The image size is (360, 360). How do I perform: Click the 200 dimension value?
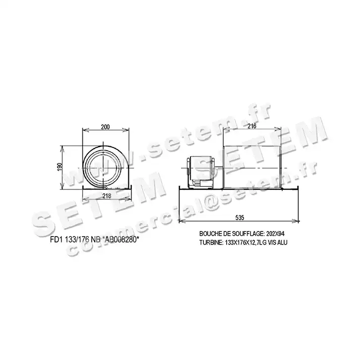(x=106, y=127)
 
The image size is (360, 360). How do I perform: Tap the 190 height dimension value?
(x=60, y=167)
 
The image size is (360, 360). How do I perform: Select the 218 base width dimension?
(x=107, y=195)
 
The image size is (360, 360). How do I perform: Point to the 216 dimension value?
(x=252, y=126)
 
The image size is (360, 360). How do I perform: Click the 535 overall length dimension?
(x=240, y=217)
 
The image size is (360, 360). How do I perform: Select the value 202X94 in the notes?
(x=275, y=234)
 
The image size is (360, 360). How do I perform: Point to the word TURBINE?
(x=210, y=242)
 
